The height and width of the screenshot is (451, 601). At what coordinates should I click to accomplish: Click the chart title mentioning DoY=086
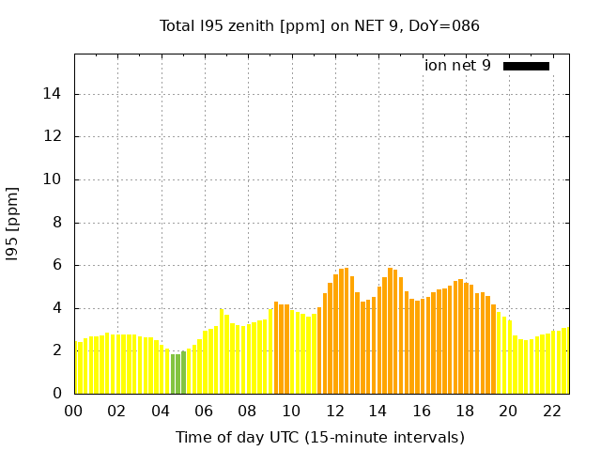319,26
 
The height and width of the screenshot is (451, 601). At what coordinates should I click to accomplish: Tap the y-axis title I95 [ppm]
13,224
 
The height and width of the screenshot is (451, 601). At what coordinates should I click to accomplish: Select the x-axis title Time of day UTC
319,438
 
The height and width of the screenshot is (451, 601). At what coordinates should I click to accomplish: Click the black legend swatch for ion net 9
526,66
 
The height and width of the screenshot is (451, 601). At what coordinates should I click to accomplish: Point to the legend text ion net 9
457,66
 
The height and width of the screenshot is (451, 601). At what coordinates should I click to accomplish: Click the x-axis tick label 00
74,411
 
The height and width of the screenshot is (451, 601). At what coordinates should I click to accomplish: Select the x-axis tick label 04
161,411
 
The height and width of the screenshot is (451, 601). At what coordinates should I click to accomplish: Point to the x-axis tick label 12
334,411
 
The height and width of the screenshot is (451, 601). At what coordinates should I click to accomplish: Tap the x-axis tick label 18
464,411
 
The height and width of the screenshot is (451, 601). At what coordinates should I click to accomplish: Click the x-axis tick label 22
550,411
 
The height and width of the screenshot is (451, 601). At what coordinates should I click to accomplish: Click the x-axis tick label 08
247,411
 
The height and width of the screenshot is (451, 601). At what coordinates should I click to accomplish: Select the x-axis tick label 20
507,411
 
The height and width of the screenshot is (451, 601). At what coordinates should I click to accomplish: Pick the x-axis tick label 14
378,411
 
